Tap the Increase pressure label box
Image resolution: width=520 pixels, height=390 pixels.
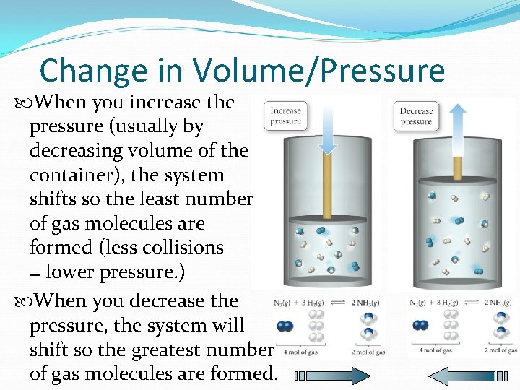[285, 116]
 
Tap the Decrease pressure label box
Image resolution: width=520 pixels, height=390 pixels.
[416, 116]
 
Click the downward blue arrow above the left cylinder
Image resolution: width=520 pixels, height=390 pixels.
[328, 130]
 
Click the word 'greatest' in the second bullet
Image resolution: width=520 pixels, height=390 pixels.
[185, 350]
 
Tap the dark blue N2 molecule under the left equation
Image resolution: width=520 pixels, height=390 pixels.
[285, 326]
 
